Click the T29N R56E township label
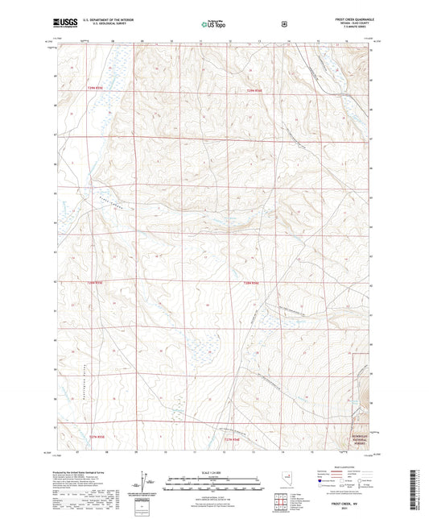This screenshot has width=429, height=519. click(x=255, y=90)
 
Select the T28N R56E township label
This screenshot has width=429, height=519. click(x=251, y=283)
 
